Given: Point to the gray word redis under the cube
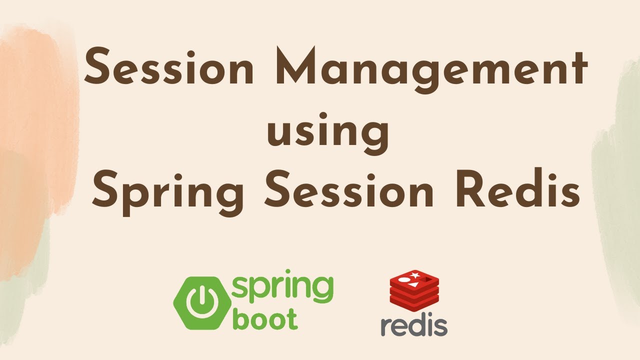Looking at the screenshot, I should (x=413, y=325).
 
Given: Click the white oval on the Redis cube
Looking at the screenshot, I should (x=403, y=279).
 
